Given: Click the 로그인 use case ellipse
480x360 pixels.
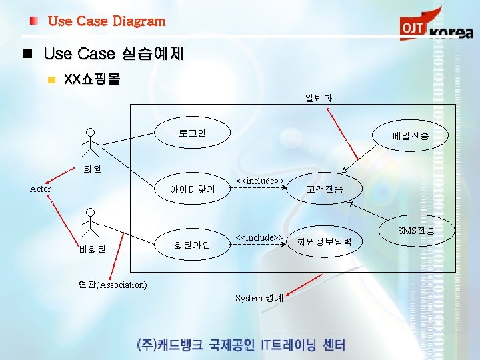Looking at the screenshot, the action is [x=192, y=133].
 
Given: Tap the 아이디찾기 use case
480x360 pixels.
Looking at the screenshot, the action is [x=192, y=189].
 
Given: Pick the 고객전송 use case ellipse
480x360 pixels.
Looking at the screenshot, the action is [x=325, y=189].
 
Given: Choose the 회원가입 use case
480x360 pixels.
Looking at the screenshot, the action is [x=192, y=244].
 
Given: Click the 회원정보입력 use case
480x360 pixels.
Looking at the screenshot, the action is [x=325, y=241].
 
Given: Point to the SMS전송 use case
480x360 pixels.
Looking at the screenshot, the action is [x=416, y=231].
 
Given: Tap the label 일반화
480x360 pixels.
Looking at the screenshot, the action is [x=319, y=98].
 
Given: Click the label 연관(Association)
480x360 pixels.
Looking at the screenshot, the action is [x=113, y=285].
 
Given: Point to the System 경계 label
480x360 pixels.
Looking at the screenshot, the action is [x=259, y=298].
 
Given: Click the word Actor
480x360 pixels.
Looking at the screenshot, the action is [x=41, y=189].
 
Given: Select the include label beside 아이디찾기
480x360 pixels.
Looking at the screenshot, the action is [x=261, y=181].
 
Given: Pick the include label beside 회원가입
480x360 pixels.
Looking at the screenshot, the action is [x=261, y=237].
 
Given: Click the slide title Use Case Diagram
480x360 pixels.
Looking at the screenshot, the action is [x=107, y=21].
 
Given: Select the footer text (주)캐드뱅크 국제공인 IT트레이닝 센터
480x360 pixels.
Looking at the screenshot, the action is [x=240, y=345].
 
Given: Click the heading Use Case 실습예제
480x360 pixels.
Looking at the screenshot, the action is [x=113, y=53].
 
